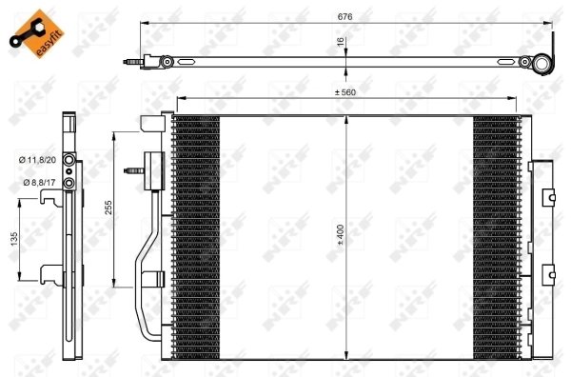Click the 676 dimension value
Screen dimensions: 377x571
(x=340, y=15)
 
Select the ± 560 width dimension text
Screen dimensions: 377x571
(x=347, y=92)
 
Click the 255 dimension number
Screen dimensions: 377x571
(x=109, y=208)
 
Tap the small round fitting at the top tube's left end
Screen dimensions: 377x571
(x=167, y=63)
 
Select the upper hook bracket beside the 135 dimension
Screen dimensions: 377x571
(x=50, y=198)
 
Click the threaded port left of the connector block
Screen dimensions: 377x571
(x=131, y=172)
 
